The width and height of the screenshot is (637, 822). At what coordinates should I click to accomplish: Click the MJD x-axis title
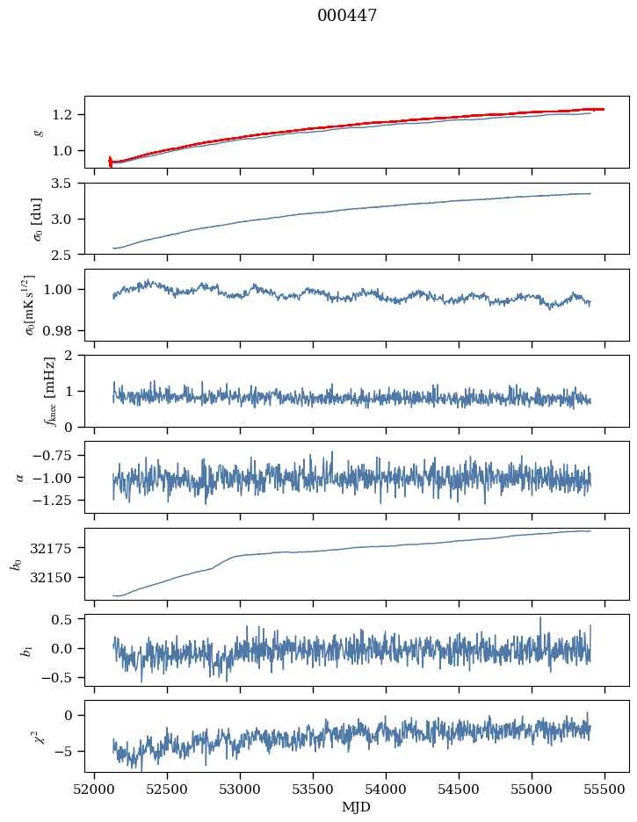pos(357,806)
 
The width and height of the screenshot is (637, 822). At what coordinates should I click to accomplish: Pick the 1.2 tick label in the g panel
pos(67,115)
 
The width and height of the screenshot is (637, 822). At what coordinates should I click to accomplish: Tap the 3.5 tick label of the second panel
pos(67,184)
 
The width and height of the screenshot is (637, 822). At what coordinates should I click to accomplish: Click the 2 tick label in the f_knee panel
pos(73,356)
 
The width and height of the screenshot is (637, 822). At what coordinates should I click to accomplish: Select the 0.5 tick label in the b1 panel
pos(67,619)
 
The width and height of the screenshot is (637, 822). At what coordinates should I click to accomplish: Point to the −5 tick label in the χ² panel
pos(65,751)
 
